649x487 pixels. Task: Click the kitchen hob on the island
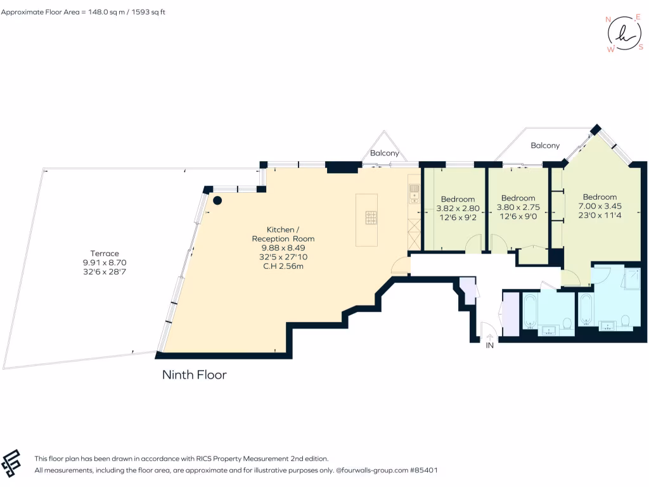point(371,218)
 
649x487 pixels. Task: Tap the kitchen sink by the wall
point(414,190)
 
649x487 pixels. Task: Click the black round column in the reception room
point(217,201)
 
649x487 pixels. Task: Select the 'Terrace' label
point(105,254)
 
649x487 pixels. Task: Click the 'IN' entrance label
point(489,346)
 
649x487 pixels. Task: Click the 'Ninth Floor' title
point(194,375)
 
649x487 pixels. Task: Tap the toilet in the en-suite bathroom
point(625,321)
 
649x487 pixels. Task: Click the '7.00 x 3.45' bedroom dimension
point(600,206)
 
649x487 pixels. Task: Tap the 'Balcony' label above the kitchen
point(385,153)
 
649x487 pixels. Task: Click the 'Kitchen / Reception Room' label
point(283,234)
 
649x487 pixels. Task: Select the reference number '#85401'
point(423,471)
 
